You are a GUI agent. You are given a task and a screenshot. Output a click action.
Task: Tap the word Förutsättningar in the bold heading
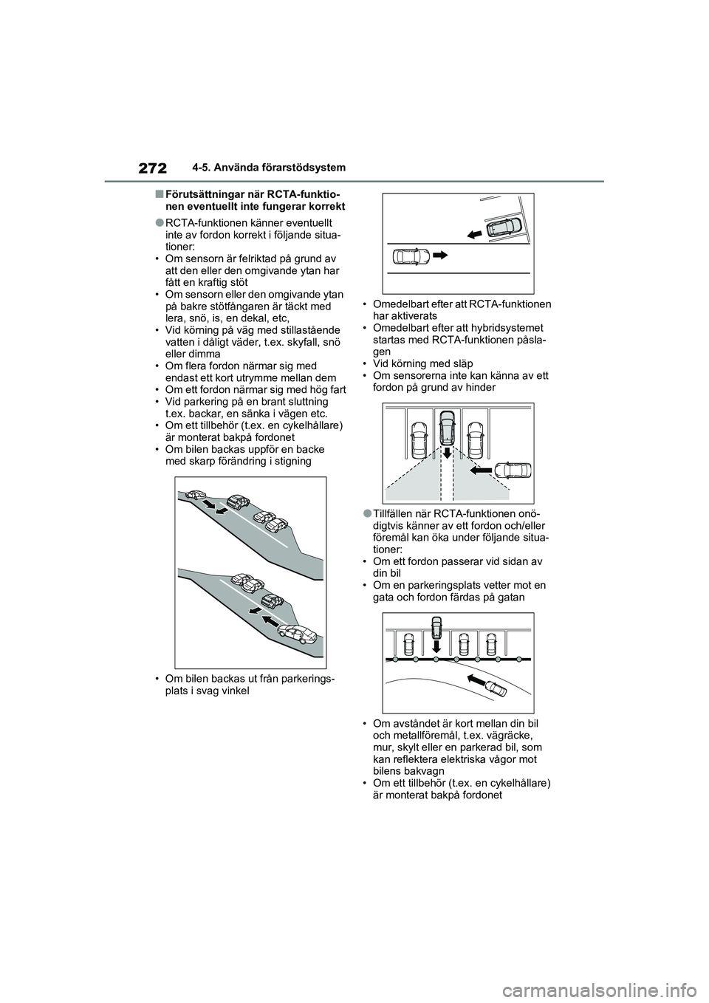[204, 194]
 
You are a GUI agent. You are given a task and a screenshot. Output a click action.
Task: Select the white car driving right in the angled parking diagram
[411, 257]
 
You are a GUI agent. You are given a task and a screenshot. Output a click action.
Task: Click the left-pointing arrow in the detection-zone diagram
[480, 468]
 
